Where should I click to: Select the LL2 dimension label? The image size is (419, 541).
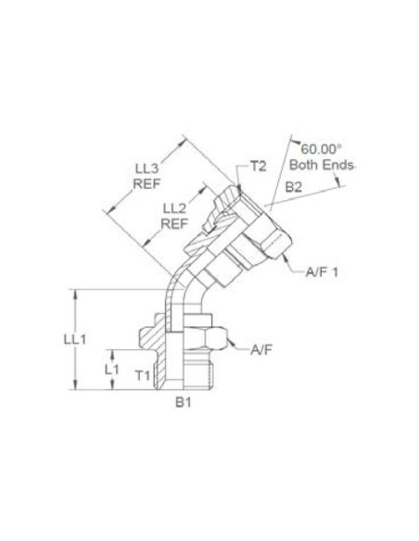[x=176, y=208]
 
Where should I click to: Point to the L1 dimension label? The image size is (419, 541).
[x=113, y=369]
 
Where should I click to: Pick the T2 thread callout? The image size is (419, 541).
[x=259, y=168]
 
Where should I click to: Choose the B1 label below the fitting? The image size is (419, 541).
[x=185, y=404]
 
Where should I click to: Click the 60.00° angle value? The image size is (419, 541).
[x=322, y=148]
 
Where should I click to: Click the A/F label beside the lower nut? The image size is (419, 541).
[x=262, y=349]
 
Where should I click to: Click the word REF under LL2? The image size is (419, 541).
[x=176, y=223]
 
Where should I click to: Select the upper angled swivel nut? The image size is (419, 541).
[x=261, y=233]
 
